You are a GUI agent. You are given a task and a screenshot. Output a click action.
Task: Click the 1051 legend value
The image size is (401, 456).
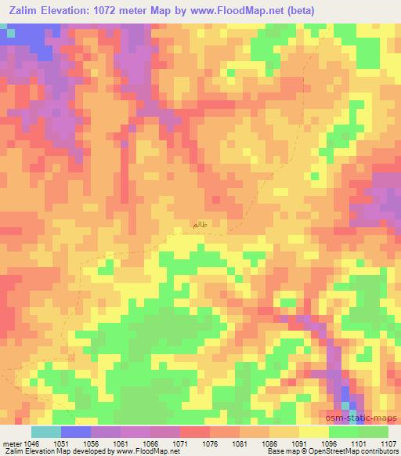(x=60, y=443)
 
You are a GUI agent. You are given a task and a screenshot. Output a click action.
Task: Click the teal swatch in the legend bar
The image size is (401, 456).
(x=46, y=432)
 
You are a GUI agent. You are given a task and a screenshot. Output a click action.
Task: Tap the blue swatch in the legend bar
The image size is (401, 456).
(x=76, y=432)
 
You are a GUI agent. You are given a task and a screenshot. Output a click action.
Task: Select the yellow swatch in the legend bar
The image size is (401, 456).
(x=313, y=432)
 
